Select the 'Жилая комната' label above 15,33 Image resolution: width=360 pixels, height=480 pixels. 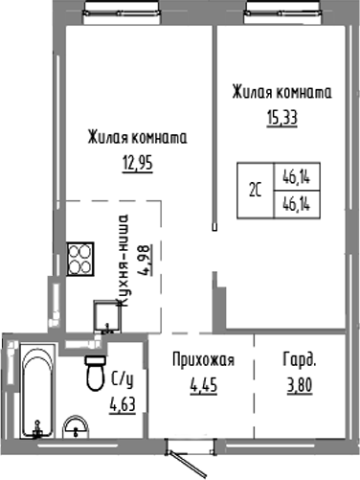pos(281,93)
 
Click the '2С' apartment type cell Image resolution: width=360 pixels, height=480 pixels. pos(257,189)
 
